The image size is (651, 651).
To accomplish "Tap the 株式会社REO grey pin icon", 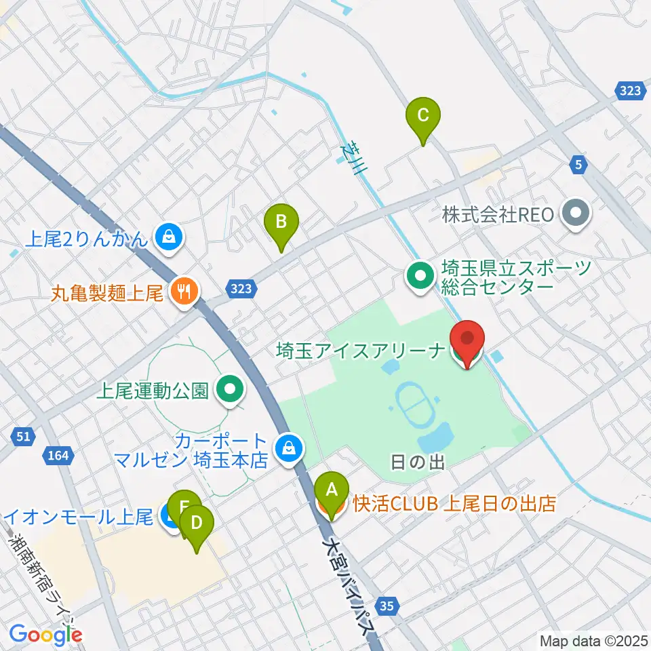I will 576,215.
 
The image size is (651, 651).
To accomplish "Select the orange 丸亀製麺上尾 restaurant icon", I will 182,293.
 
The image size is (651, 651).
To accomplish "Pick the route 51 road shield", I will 23,436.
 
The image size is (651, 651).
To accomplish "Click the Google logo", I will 46,635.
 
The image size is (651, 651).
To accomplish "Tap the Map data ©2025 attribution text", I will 593,640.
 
